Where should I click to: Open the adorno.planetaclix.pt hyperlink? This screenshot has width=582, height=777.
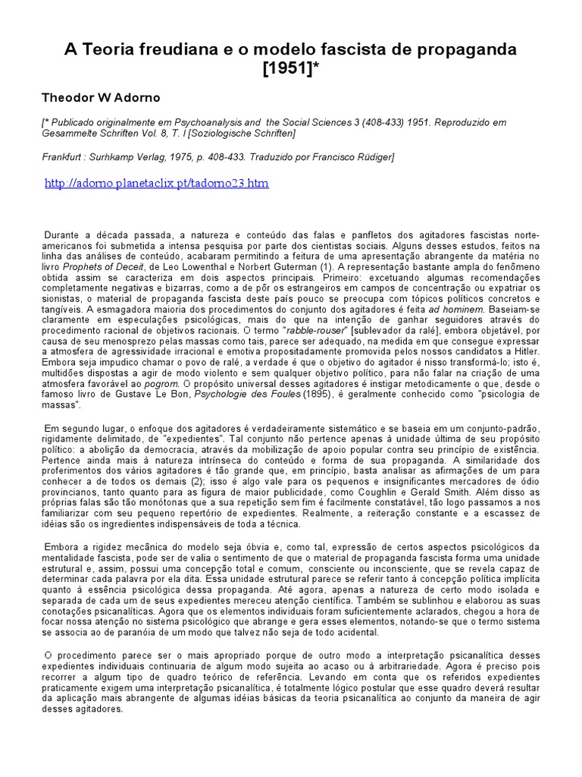pyautogui.click(x=157, y=184)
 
